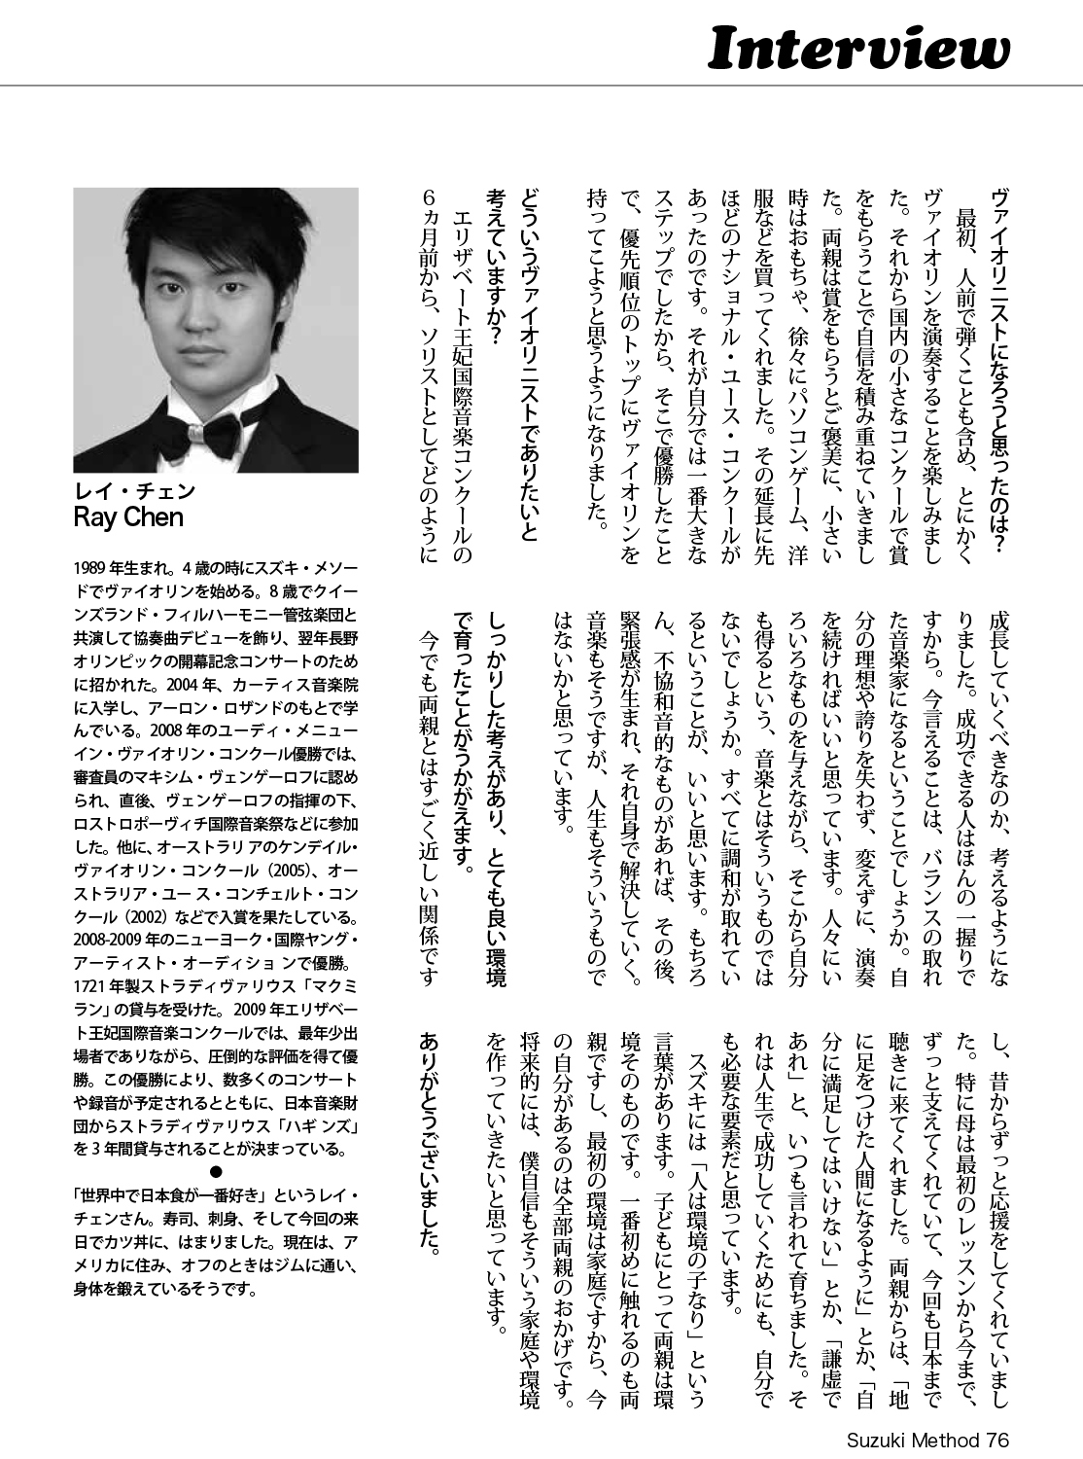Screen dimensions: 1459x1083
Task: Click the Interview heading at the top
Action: (x=858, y=48)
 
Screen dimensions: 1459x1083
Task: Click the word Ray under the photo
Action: (x=95, y=517)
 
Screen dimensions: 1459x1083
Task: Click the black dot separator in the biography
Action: (x=216, y=1170)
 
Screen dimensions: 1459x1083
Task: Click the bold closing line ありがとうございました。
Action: (x=432, y=1141)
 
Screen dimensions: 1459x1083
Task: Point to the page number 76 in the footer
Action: (x=996, y=1441)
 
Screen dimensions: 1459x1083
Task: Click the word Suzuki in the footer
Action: (x=868, y=1441)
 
